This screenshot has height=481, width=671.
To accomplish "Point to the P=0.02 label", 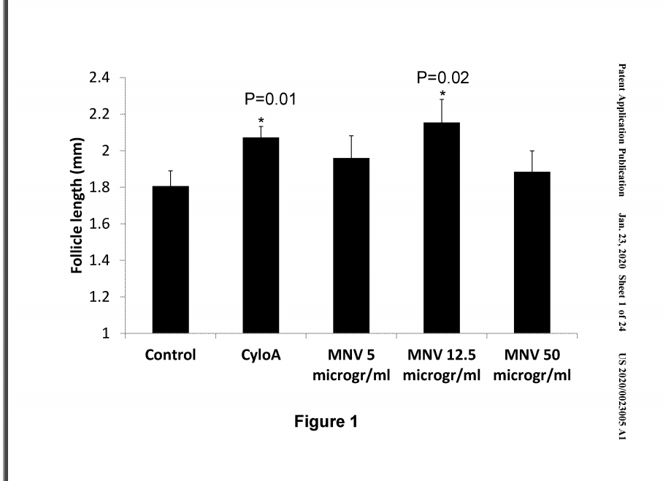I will tap(442, 77).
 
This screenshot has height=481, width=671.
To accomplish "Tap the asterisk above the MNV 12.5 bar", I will tap(442, 95).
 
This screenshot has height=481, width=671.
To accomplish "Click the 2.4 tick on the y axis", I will tap(100, 77).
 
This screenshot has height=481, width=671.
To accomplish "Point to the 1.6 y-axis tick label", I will tap(100, 224).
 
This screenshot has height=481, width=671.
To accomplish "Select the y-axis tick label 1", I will tap(105, 334).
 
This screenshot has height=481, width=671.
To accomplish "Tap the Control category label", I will tap(170, 357).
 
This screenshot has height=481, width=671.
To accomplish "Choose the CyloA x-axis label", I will tap(261, 357).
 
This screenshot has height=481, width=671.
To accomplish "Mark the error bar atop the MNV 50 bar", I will tap(532, 161).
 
